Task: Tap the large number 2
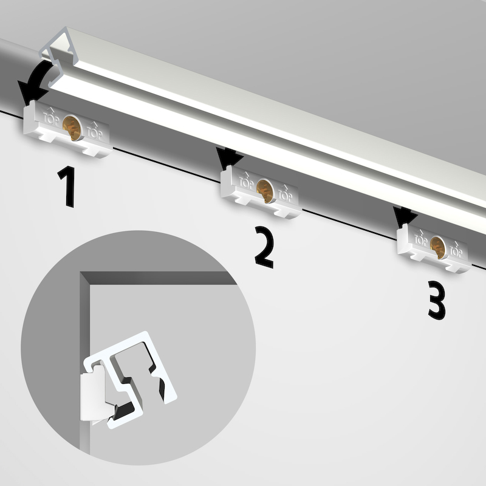coord(264,247)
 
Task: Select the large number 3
coord(437,300)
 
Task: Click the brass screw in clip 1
coord(72,128)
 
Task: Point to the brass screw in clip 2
coord(265,191)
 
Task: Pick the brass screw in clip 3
coord(438,247)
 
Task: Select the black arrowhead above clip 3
coord(404,216)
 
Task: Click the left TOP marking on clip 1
coord(50,117)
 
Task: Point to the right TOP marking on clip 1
coord(95,131)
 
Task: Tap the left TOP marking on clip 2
coord(246,181)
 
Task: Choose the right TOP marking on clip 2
coord(285,193)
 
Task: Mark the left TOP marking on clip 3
coord(420,238)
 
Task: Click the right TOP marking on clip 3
coord(456,249)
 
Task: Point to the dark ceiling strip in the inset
coord(158,278)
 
